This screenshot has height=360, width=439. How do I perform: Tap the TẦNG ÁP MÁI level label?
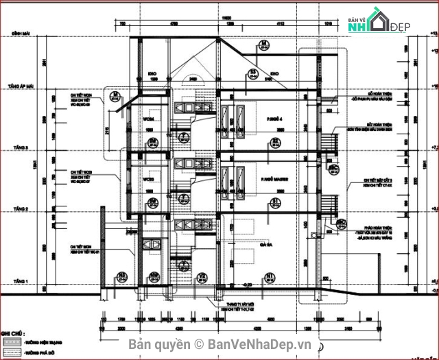[15, 88]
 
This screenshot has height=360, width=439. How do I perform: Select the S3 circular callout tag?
[253, 73]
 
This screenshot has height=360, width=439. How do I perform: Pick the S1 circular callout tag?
[276, 201]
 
